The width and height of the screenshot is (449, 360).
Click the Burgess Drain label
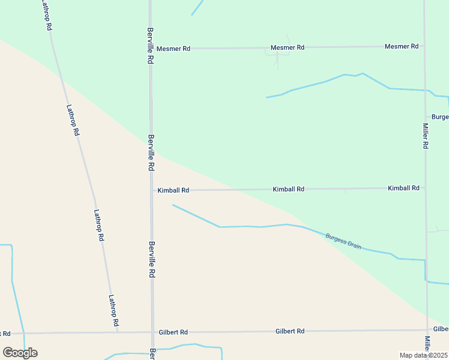[x=343, y=241]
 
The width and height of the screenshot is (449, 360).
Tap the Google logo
[x=20, y=353]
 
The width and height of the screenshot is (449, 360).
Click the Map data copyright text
[x=424, y=355]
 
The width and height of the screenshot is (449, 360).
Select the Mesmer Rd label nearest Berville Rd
[x=173, y=49]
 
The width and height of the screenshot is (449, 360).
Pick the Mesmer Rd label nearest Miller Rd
[x=401, y=46]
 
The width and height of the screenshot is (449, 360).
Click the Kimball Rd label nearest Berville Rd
[x=173, y=190]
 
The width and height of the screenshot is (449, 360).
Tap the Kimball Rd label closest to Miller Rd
[x=403, y=188]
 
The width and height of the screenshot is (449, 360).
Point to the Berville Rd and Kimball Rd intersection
[x=151, y=190]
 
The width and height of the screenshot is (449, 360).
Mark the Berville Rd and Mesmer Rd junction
[x=151, y=49]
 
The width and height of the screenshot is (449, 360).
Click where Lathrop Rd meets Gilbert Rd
[x=118, y=332]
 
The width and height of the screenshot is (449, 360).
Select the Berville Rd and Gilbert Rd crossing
[x=152, y=332]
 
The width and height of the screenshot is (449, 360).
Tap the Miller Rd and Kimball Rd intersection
[x=426, y=188]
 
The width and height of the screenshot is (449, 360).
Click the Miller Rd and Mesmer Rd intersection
[x=424, y=46]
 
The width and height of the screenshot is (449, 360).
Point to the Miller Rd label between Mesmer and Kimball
[x=425, y=136]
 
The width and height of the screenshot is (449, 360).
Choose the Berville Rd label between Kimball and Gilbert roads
[x=152, y=259]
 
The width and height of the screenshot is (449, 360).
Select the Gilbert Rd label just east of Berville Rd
[x=173, y=332]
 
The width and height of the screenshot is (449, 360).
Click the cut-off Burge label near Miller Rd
[x=439, y=117]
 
